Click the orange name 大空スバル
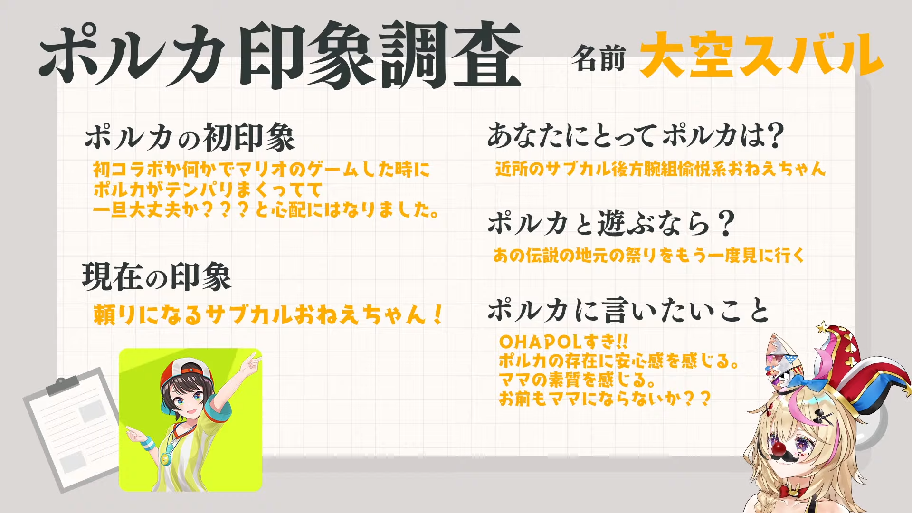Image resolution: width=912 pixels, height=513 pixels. click(x=761, y=55)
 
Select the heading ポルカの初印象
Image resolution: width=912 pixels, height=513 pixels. click(x=190, y=137)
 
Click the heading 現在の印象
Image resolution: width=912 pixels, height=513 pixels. click(x=157, y=276)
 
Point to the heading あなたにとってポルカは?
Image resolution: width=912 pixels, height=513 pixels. click(x=636, y=135)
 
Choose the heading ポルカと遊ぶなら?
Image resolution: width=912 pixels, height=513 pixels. click(x=612, y=223)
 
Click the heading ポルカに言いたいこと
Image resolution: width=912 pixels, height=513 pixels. click(x=628, y=310)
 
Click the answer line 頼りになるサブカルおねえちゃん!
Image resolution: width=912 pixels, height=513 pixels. click(x=269, y=314)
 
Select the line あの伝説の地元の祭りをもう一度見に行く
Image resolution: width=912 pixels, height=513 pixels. click(x=649, y=256)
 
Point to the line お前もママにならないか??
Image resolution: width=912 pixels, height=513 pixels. click(x=605, y=398)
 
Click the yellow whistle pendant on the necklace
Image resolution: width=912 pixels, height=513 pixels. click(x=165, y=459)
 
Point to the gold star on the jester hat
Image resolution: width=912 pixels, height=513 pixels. click(x=822, y=327)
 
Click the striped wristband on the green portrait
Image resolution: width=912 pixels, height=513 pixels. click(x=148, y=444)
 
